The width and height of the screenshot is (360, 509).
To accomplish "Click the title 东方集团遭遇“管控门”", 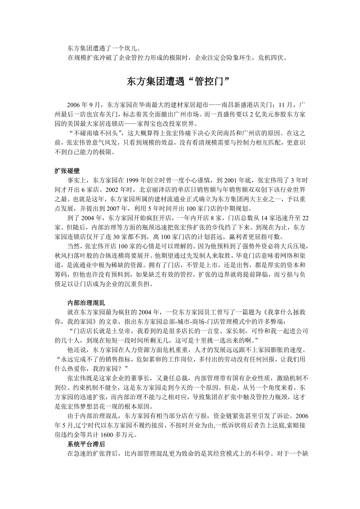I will pos(180,81).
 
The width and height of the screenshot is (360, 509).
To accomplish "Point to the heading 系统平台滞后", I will pos(86,444).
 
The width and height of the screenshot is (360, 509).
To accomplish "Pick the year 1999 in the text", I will pos(133,180).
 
